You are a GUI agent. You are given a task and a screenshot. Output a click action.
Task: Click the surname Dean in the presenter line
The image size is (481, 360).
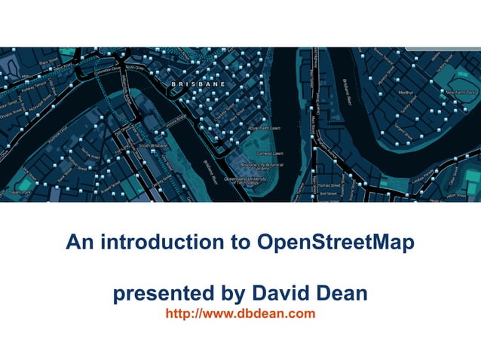pyautogui.click(x=342, y=292)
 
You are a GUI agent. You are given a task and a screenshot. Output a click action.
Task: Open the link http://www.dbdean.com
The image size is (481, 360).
pyautogui.click(x=240, y=313)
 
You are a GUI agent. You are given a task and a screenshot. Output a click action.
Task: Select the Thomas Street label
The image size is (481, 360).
pyautogui.click(x=329, y=185)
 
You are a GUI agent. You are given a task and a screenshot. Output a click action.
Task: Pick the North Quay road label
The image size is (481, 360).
pyautogui.click(x=135, y=66)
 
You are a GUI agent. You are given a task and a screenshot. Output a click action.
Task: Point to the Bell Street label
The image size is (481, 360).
pyautogui.click(x=329, y=194)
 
